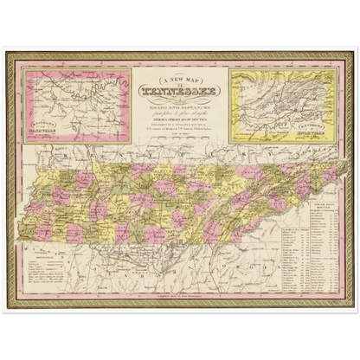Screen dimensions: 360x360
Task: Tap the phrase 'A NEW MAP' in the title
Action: coord(179,74)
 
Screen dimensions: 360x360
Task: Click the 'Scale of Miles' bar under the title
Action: coord(179,131)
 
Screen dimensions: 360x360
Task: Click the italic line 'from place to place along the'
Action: coord(179,103)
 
